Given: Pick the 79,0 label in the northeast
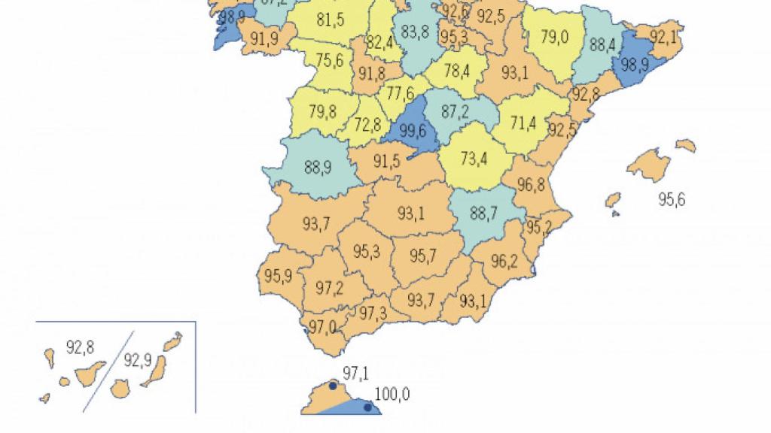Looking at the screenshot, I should click(554, 38).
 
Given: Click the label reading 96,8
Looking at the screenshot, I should click(531, 183).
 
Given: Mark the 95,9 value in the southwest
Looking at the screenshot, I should click(279, 274).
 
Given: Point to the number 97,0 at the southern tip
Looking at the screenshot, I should click(322, 327).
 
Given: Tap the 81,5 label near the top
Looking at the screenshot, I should click(331, 20).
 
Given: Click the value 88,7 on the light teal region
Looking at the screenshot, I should click(483, 213).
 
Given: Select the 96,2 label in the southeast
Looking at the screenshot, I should click(504, 261).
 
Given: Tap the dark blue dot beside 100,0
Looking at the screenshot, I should click(367, 407).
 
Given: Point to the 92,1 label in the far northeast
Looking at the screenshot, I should click(663, 37).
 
